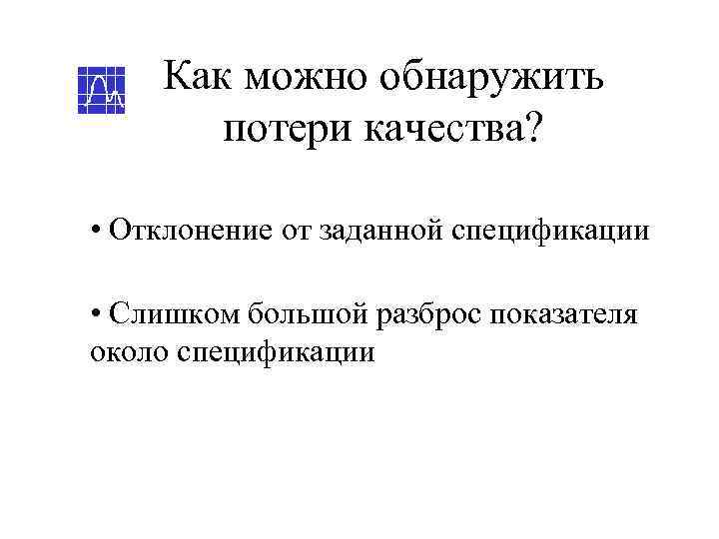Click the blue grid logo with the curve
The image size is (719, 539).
[102, 91]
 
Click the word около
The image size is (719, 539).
[124, 352]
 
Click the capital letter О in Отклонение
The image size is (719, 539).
[120, 231]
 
